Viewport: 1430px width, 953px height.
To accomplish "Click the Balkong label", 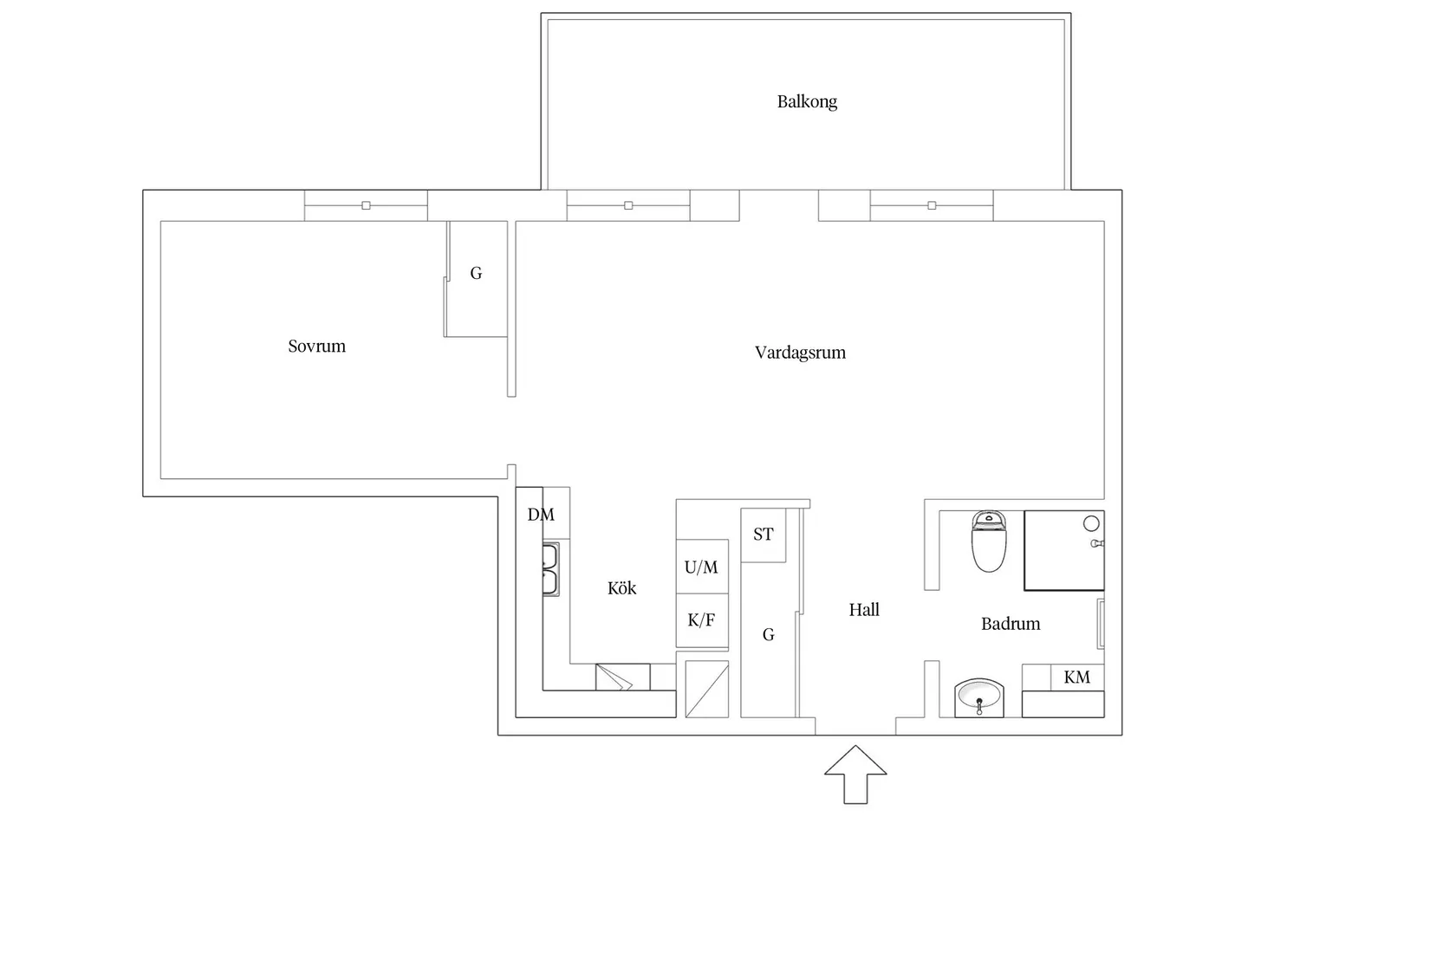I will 807,101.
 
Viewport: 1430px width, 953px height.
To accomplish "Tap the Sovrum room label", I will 316,347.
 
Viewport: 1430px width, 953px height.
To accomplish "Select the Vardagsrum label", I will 800,353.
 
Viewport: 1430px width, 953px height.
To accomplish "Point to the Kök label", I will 621,588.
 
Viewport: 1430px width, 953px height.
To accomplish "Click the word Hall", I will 864,610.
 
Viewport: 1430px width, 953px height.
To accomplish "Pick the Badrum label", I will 1011,624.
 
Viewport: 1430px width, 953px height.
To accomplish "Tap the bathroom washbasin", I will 979,697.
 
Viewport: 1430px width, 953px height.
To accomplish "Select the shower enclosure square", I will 1063,551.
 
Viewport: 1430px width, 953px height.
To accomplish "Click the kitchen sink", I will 550,569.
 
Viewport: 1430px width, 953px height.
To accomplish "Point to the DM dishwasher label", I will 541,515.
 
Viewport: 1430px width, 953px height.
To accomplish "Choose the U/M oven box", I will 701,567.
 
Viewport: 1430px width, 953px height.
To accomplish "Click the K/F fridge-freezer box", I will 701,620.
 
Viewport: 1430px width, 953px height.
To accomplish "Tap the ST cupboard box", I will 764,535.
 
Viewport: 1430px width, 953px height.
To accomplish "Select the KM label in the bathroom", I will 1077,677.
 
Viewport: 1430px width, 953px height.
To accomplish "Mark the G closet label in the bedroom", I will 476,274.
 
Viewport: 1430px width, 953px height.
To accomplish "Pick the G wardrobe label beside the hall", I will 769,635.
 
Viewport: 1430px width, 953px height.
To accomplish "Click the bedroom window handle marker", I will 366,205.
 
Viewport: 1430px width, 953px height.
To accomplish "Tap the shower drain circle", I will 1091,523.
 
